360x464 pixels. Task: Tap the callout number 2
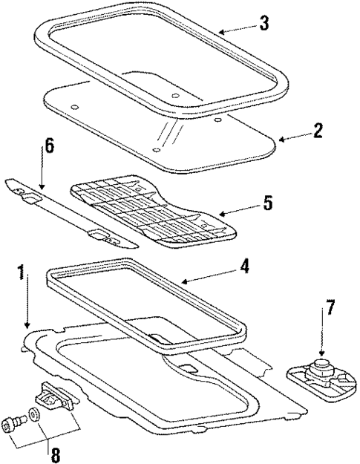click(x=318, y=132)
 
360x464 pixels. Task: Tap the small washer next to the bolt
click(x=34, y=414)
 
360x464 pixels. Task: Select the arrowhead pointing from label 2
click(x=280, y=139)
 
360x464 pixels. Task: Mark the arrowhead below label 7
click(x=321, y=354)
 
